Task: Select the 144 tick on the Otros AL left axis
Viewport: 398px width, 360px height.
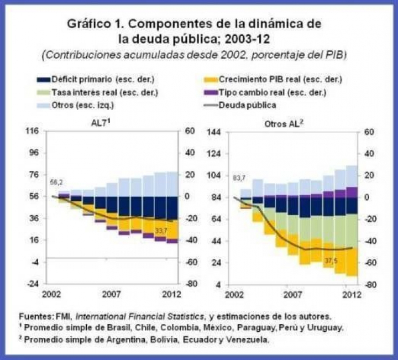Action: [x=214, y=131]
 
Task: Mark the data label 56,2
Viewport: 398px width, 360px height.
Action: [x=56, y=181]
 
